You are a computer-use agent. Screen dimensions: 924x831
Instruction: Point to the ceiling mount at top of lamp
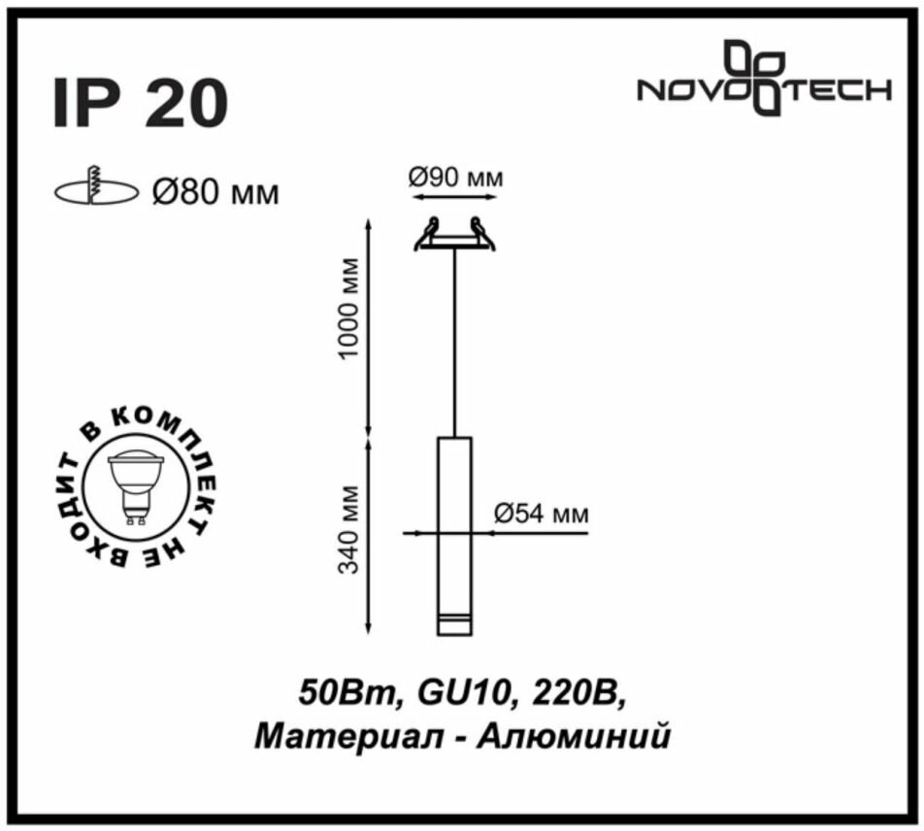[453, 236]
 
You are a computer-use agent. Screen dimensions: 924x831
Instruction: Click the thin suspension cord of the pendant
[453, 340]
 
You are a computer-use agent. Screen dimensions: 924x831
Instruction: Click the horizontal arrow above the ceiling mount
[454, 196]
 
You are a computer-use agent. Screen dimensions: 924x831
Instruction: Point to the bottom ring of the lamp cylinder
[453, 619]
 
